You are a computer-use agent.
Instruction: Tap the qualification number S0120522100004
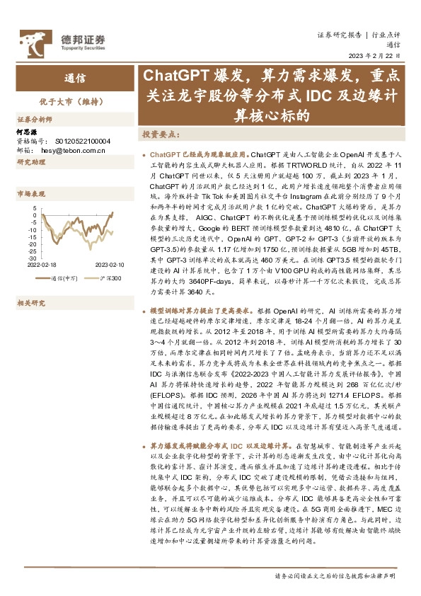tap(80, 141)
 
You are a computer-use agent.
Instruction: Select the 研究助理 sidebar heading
tap(31, 162)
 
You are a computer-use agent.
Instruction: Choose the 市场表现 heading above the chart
tap(31, 193)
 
